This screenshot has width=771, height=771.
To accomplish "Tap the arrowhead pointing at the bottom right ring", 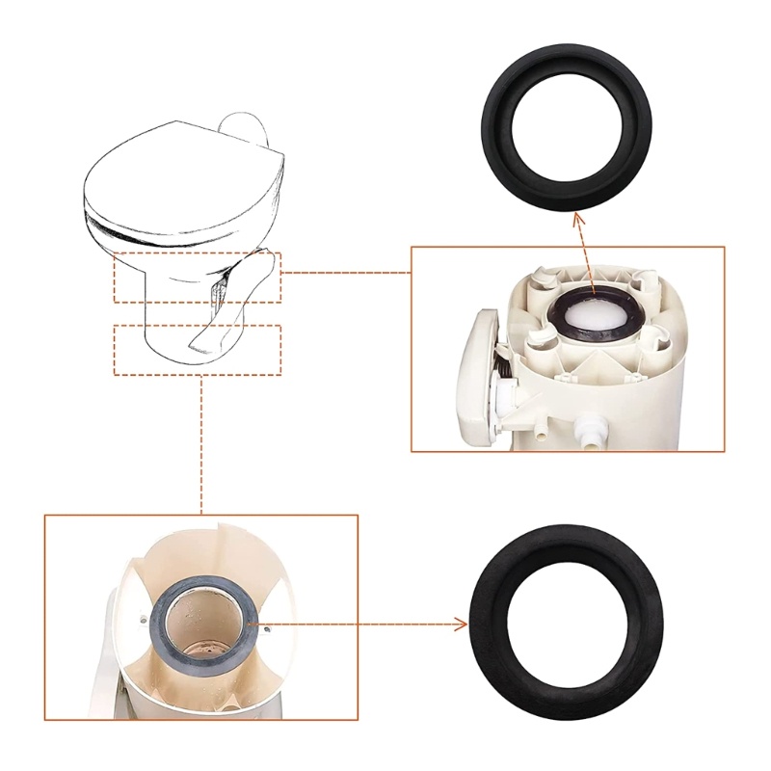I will [460, 625].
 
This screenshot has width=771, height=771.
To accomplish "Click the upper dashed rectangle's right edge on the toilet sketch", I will [280, 277].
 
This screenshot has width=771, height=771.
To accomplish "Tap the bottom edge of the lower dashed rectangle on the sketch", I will [197, 374].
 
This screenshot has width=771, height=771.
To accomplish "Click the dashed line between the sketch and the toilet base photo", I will [201, 443].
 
